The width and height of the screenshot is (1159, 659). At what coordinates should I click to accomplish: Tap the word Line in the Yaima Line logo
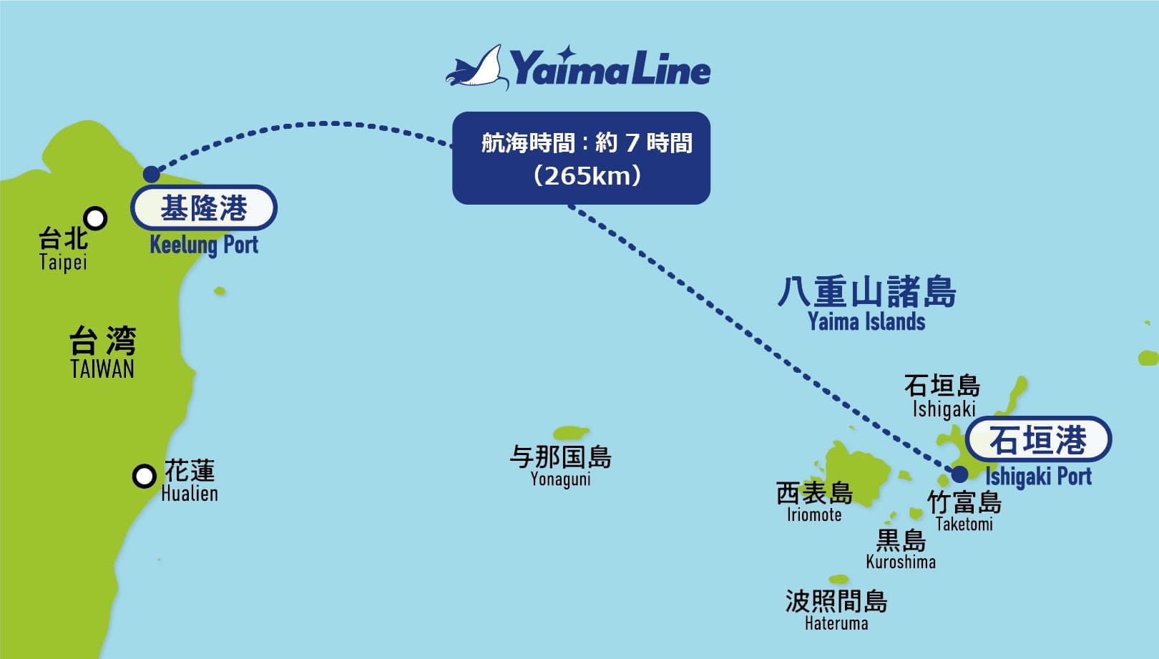(x=672, y=70)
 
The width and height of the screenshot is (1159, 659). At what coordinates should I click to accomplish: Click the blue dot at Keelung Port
(x=152, y=174)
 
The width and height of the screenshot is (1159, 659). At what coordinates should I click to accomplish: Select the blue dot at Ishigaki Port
(x=959, y=473)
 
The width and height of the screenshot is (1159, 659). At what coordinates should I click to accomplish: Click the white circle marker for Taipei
(x=95, y=218)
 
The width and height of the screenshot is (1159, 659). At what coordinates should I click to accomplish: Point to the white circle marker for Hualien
(x=145, y=475)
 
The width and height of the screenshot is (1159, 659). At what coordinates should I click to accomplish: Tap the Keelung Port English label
(x=204, y=245)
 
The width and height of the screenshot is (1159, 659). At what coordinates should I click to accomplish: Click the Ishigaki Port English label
(x=1038, y=477)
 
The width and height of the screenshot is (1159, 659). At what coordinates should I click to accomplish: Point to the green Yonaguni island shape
(x=571, y=432)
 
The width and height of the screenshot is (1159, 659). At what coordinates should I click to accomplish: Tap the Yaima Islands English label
(x=866, y=322)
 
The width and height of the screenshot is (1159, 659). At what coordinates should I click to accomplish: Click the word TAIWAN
(x=102, y=369)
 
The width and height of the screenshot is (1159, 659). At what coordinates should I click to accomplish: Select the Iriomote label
(x=814, y=515)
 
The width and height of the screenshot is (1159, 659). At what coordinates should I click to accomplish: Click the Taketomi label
(x=964, y=524)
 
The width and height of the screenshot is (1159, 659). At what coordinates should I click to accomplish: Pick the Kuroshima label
(x=901, y=562)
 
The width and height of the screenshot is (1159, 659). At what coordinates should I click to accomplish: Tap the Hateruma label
(x=836, y=623)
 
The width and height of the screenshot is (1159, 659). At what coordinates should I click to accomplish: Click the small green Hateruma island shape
(x=838, y=579)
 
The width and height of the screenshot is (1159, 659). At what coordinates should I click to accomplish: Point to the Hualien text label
(x=190, y=494)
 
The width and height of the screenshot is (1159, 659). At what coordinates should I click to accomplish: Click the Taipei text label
(x=63, y=262)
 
